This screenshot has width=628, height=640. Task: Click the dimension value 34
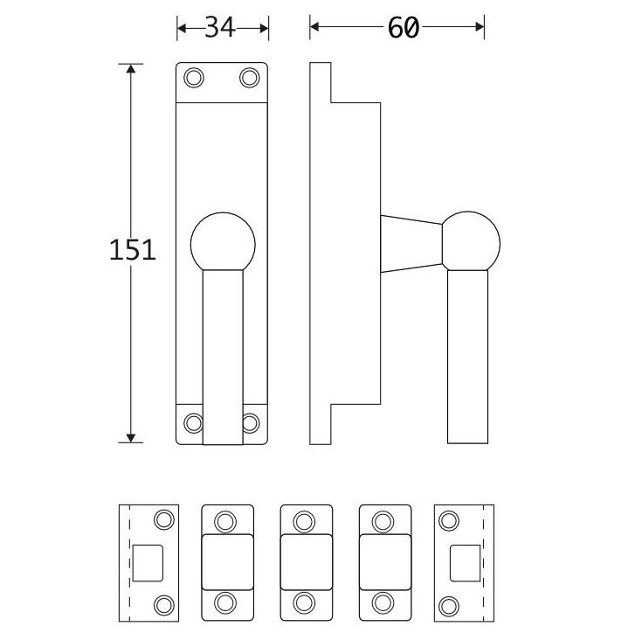pyautogui.click(x=222, y=28)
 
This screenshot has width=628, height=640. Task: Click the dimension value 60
pyautogui.click(x=403, y=28)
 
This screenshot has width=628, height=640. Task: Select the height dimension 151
pyautogui.click(x=133, y=250)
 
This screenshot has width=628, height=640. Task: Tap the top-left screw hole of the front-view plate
pyautogui.click(x=194, y=79)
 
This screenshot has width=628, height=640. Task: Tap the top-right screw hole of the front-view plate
pyautogui.click(x=250, y=79)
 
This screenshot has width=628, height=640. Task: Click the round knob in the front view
pyautogui.click(x=222, y=241)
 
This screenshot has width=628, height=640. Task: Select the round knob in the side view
pyautogui.click(x=471, y=240)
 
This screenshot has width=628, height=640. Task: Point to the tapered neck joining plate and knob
pyautogui.click(x=411, y=243)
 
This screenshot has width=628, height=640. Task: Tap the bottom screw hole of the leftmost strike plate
pyautogui.click(x=162, y=602)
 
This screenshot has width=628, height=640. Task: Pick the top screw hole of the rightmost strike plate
pyautogui.click(x=449, y=521)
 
